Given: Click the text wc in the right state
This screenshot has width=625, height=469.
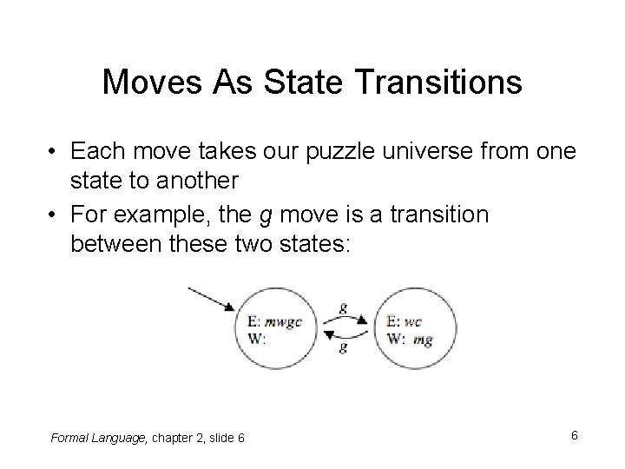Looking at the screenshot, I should click(x=412, y=320).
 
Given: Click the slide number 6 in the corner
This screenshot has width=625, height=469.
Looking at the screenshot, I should click(x=575, y=433).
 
